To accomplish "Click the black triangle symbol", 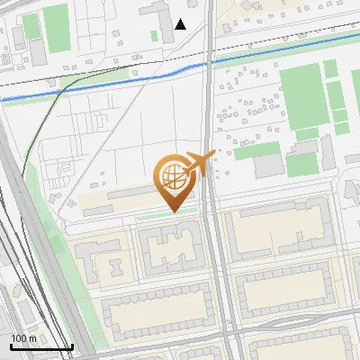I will click(x=181, y=24).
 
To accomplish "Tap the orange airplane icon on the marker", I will click(x=200, y=164).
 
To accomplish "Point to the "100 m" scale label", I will click(x=23, y=338).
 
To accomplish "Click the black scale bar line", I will click(x=41, y=347).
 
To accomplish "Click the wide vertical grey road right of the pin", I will click(x=216, y=270).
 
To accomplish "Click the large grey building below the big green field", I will click(x=269, y=166).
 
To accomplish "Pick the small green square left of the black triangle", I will click(x=155, y=36).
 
